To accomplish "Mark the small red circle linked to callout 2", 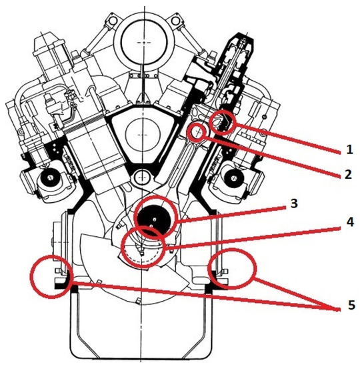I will coord(197,130).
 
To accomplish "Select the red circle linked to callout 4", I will coord(145,248).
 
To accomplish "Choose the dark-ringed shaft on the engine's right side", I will coord(234,178).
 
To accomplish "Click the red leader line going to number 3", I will coord(233,213).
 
